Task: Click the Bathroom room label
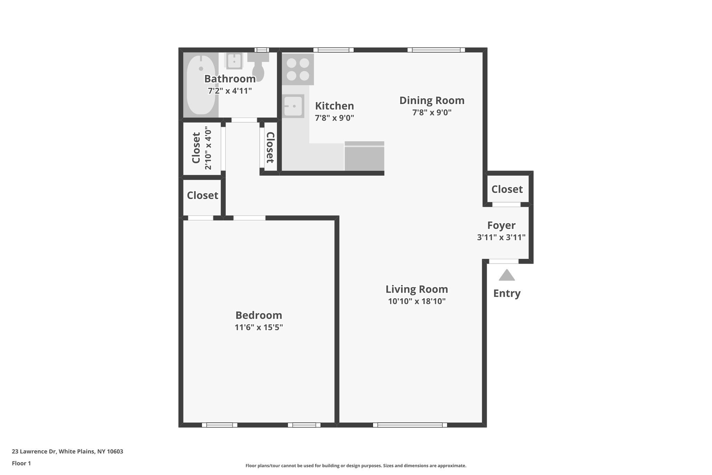[x=230, y=79]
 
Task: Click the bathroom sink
[x=234, y=61]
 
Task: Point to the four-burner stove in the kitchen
[x=298, y=69]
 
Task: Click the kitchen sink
[x=293, y=106]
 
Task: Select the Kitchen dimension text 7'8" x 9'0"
[x=334, y=118]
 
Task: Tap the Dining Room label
[x=431, y=101]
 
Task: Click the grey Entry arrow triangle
[x=507, y=276]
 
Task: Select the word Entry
[x=507, y=293]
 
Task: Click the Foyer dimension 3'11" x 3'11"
[x=501, y=237]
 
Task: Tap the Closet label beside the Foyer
[x=507, y=189]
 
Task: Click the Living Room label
[x=416, y=289]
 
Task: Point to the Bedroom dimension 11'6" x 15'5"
[x=259, y=327]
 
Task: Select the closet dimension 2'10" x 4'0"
[x=208, y=148]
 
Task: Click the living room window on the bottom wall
[x=410, y=425]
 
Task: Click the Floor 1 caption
[x=21, y=463]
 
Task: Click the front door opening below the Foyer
[x=504, y=261]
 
